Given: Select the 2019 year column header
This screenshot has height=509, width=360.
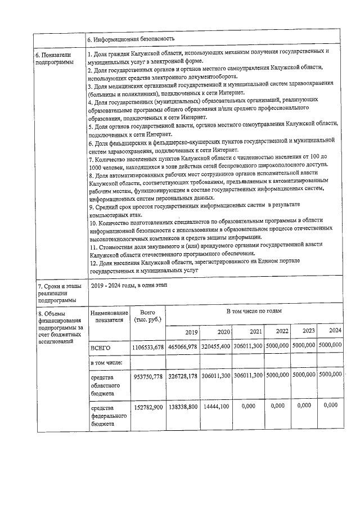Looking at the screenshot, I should coord(191,331).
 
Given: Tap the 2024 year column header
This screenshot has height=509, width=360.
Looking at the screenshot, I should coord(335,330).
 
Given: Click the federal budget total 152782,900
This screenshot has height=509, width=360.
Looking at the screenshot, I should coord(148,406).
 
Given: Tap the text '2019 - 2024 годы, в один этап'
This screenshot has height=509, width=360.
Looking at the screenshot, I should coord(129,286).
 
